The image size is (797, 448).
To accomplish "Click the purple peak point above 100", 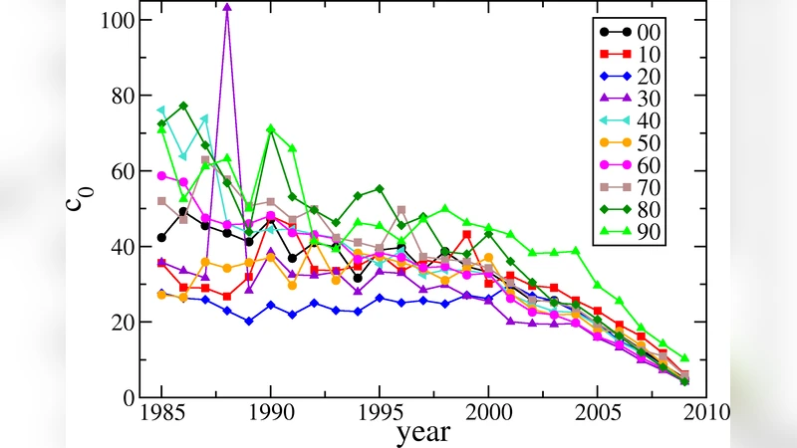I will pos(227,7).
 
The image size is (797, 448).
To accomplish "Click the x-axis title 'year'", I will pos(423,433).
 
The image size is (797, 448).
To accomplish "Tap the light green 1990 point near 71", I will pos(270,129).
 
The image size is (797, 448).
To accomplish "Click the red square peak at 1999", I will pos(466,235).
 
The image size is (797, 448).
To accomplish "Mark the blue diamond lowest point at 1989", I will pos(248,322).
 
